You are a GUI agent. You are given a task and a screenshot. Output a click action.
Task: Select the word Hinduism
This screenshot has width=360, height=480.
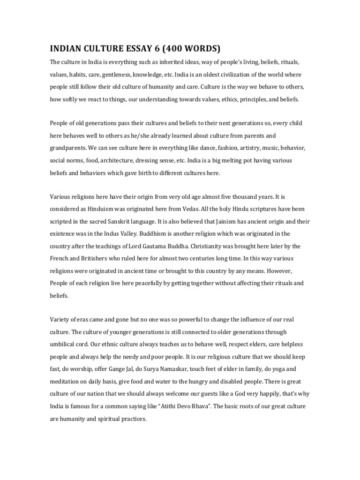[97, 209]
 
